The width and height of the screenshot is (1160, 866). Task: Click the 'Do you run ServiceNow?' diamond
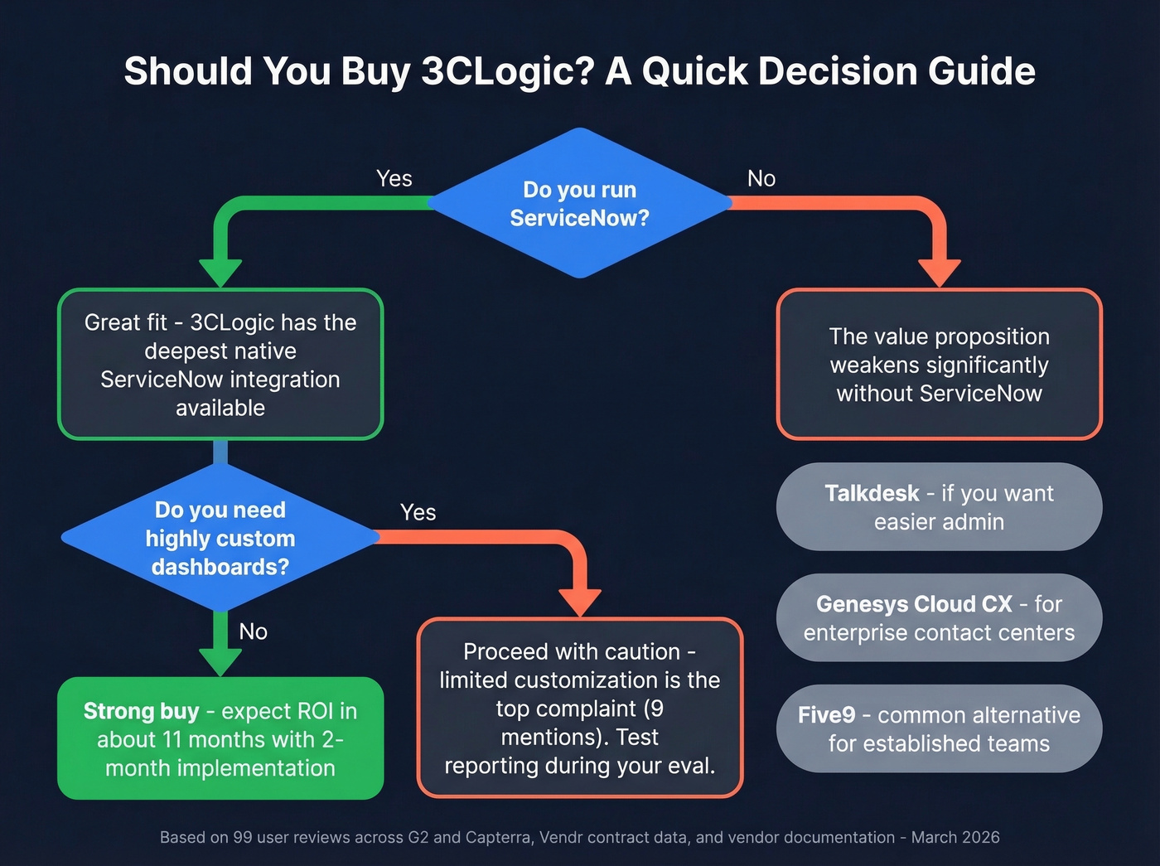pos(579,203)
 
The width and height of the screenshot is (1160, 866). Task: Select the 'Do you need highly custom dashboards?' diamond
pos(220,538)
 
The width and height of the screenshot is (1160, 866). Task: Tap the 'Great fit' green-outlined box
pos(220,365)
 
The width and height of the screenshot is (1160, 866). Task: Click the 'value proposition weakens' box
pos(939,365)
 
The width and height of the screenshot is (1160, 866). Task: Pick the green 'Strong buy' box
pos(220,738)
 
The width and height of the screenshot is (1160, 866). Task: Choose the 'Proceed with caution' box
pos(580,708)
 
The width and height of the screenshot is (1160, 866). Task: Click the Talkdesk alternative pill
pos(939,507)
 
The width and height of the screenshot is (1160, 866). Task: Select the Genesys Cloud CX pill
pos(939,618)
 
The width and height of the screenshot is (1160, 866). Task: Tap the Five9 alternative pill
pos(939,729)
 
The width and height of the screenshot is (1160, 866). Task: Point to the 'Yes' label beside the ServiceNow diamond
pos(394,179)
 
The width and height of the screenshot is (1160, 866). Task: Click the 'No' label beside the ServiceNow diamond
pos(761,179)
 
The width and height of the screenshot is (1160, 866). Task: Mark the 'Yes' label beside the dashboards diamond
pos(418,513)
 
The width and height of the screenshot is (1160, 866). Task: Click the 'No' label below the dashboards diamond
pos(254,632)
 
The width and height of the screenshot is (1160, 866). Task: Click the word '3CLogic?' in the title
pos(508,71)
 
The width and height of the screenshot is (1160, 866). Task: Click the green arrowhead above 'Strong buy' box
pos(220,661)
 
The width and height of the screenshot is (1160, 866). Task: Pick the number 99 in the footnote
pos(243,838)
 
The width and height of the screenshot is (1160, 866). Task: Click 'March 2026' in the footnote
pos(955,838)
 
